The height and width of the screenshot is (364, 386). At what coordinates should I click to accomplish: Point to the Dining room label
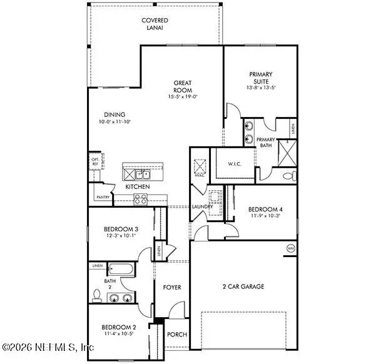tap(114, 115)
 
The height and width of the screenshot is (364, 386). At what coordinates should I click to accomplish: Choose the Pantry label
tap(103, 197)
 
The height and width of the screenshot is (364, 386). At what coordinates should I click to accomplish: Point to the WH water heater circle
tap(290, 248)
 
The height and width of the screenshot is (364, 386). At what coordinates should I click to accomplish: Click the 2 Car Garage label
tap(244, 286)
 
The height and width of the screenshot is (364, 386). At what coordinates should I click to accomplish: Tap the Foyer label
tap(172, 287)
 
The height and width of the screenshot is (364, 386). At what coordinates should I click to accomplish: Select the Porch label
tap(177, 335)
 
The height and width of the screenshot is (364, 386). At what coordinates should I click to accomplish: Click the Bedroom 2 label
tap(119, 327)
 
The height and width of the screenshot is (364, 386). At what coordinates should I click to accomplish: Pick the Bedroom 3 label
tap(121, 230)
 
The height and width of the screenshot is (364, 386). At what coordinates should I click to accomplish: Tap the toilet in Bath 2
tap(97, 294)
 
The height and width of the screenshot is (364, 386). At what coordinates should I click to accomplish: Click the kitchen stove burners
tap(140, 200)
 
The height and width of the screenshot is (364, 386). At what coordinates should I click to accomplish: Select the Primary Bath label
tap(266, 143)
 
